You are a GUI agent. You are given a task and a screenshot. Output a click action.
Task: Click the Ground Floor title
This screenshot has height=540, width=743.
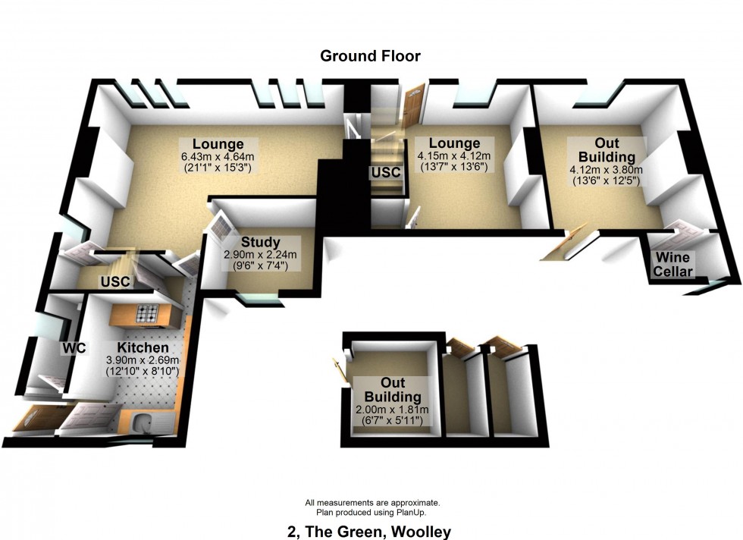[370, 56]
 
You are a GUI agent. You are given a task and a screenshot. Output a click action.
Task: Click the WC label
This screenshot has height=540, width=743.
[75, 348]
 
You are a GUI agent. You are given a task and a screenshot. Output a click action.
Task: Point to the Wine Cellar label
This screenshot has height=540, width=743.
[673, 265]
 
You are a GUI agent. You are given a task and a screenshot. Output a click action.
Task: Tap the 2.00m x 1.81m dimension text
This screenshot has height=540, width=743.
[390, 410]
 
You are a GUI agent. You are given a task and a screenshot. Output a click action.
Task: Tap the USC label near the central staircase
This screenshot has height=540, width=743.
[385, 173]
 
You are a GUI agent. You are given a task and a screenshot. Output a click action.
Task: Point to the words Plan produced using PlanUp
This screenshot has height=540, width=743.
[371, 513]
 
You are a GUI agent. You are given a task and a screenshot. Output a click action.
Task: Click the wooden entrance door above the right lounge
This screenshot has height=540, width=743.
[412, 107]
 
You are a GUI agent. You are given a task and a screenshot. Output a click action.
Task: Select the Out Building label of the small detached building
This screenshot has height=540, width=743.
[391, 390]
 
